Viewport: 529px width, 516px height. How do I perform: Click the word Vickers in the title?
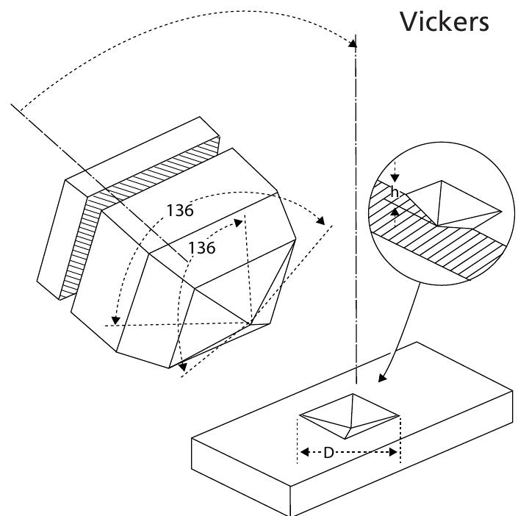click(x=444, y=22)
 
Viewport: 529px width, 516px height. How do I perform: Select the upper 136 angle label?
click(x=179, y=211)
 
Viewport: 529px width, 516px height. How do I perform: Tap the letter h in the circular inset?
click(x=395, y=193)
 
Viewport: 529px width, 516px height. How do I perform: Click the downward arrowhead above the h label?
click(x=395, y=179)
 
